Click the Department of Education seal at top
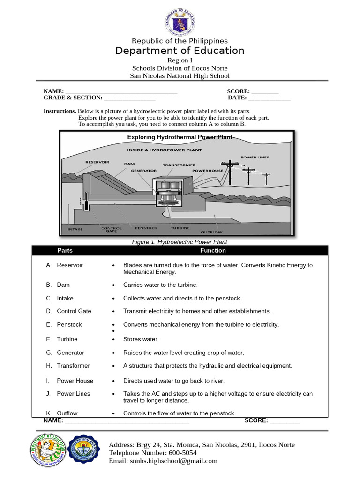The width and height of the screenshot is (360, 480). click(x=180, y=22)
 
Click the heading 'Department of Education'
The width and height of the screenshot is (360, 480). click(x=180, y=51)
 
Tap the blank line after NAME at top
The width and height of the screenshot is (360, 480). click(x=121, y=92)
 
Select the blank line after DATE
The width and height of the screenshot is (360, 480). click(x=269, y=98)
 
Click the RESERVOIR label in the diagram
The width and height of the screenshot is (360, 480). click(x=97, y=162)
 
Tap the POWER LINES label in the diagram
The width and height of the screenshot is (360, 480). click(x=255, y=157)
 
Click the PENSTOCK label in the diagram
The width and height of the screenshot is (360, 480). click(x=146, y=228)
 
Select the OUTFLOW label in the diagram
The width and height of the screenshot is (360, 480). click(x=211, y=232)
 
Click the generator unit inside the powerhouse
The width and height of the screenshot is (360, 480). click(x=170, y=190)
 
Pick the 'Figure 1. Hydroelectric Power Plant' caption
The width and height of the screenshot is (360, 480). click(x=180, y=242)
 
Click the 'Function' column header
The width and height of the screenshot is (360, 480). click(x=213, y=250)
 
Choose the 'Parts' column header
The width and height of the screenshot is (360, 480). click(x=65, y=250)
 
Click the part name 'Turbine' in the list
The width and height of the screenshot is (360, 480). click(x=67, y=339)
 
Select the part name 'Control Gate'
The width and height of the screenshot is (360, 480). click(x=74, y=311)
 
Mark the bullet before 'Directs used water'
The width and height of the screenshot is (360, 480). click(x=114, y=381)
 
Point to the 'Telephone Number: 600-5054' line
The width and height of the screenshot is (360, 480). click(x=152, y=453)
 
